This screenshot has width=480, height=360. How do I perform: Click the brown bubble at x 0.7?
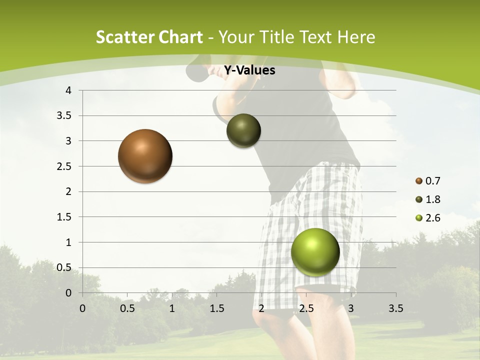145,156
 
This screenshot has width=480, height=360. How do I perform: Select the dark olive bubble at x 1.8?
243,130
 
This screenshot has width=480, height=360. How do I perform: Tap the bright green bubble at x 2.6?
315,252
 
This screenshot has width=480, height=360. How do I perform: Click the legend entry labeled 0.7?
428,181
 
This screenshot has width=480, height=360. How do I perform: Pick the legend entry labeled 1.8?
428,199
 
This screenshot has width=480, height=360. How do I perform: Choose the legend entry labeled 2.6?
428,218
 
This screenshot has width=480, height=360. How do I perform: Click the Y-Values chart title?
249,70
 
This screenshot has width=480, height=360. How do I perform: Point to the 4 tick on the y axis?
68,90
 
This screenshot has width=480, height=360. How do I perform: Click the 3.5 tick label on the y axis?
64,115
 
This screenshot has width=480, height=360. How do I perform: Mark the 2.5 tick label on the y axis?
64,166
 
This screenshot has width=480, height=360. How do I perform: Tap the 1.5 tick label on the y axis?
64,217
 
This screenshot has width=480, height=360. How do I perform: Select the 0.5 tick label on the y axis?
64,267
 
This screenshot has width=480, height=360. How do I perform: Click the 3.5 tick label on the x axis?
395,308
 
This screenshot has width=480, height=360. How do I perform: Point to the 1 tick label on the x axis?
172,308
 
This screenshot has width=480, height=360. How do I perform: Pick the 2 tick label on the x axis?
261,308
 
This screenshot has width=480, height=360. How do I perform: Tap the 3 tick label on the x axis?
351,308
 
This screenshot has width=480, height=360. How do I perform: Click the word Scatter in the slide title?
125,37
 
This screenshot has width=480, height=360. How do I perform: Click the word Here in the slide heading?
356,37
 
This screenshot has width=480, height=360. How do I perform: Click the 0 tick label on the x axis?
82,308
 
